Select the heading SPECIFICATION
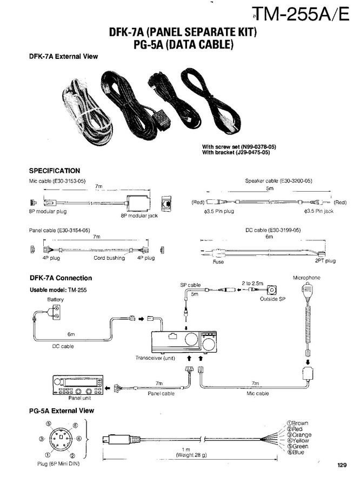(54, 171)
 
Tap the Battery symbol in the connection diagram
(56, 310)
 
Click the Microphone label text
(306, 278)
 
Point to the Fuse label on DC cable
(218, 262)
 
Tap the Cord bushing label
(109, 258)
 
